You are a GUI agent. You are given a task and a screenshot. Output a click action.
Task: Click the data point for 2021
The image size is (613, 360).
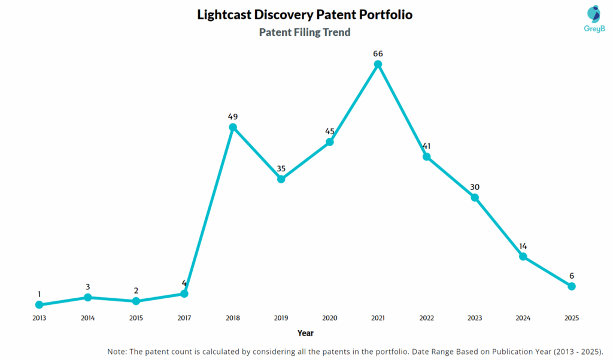pos(378,64)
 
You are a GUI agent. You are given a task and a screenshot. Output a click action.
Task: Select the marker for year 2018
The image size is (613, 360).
pos(233,127)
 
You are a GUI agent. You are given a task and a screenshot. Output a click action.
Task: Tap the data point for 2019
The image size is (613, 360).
pos(281,179)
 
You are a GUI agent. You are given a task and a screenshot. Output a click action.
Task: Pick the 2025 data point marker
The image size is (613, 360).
pos(572,286)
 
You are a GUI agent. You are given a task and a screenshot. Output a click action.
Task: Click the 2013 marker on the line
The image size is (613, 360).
pos(39,305)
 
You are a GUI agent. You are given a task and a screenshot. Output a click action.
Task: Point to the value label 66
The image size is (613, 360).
pos(378,53)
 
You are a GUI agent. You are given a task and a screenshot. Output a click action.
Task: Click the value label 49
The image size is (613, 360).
pos(233,116)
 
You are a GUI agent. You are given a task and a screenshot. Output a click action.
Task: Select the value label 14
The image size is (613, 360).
pos(523,246)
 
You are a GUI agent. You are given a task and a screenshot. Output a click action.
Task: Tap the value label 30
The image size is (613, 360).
pos(475,187)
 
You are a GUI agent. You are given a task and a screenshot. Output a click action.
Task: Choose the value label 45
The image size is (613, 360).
pos(329,131)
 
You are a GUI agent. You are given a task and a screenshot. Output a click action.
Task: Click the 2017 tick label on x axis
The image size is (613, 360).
pos(184,318)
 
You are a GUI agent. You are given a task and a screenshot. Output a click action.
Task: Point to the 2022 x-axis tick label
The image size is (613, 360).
pos(426,318)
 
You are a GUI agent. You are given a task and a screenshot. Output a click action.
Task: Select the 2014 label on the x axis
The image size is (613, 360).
pos(87,318)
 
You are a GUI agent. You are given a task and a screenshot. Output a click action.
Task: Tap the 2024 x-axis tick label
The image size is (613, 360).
pos(523,318)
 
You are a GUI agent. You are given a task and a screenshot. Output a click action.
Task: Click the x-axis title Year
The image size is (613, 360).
pos(305,333)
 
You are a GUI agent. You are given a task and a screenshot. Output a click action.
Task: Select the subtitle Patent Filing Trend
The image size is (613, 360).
pos(305,32)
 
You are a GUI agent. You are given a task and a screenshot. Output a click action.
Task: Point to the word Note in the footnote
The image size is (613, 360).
pos(118,352)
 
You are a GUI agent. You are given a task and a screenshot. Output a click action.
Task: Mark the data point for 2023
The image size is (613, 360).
pos(475,197)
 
